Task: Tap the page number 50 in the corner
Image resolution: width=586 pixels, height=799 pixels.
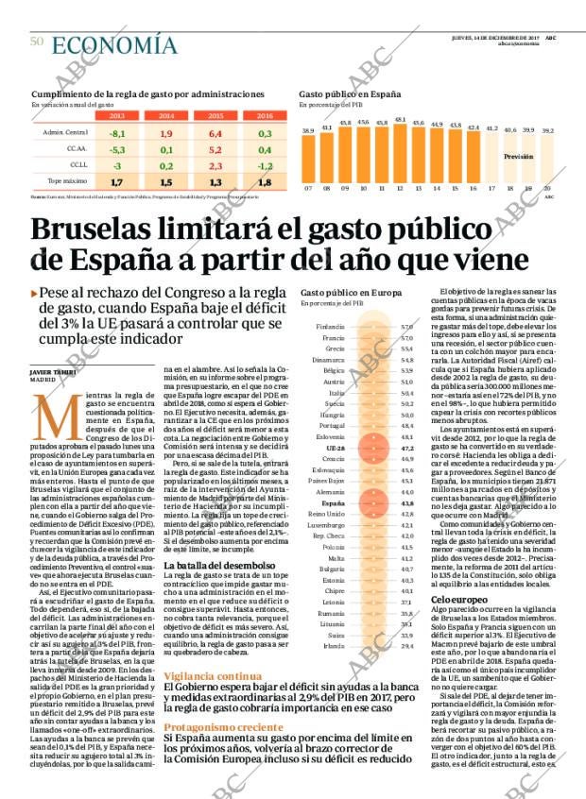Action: coord(38,41)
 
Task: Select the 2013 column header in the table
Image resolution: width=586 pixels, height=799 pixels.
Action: coord(117,115)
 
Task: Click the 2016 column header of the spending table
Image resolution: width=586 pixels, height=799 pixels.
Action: coord(265,115)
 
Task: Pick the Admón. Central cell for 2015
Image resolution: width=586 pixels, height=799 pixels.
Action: coord(215,133)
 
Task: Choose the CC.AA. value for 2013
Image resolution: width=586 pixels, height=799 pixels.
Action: coord(117,149)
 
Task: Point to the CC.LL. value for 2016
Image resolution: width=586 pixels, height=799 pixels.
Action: coord(265,165)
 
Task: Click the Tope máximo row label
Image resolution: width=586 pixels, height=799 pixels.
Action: coord(67,181)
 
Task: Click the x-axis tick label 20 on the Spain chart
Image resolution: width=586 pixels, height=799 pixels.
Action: coord(548,189)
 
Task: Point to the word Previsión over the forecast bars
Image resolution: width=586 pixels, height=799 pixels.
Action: coord(518,156)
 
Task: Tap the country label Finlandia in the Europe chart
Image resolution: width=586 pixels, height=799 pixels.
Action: coord(331,326)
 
